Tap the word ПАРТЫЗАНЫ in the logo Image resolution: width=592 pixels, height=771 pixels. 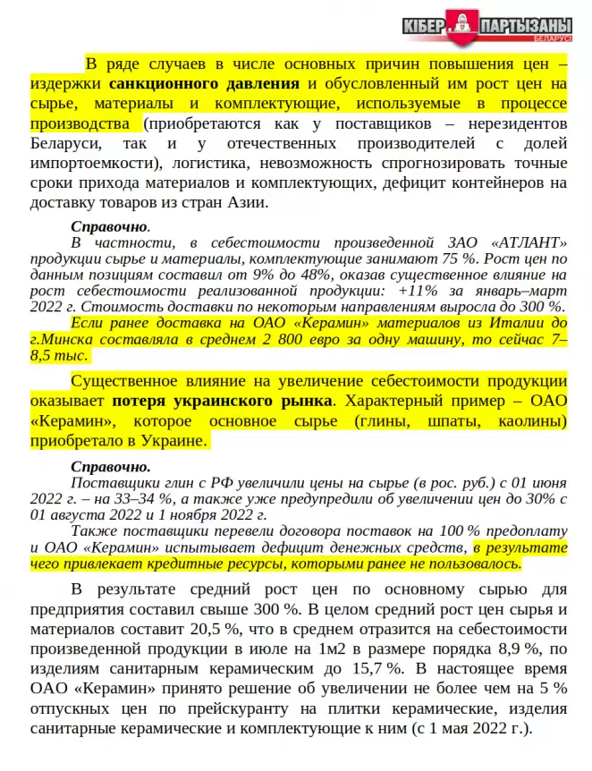[526, 27]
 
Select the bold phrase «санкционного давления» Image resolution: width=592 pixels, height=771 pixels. [205, 85]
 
